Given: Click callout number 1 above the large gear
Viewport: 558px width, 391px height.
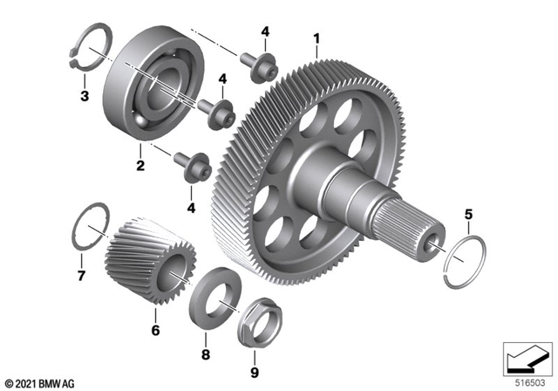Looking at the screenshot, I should tap(316, 38).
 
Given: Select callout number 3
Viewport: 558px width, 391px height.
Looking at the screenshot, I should tap(84, 95).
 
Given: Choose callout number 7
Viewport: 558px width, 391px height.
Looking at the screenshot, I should tap(81, 277).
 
